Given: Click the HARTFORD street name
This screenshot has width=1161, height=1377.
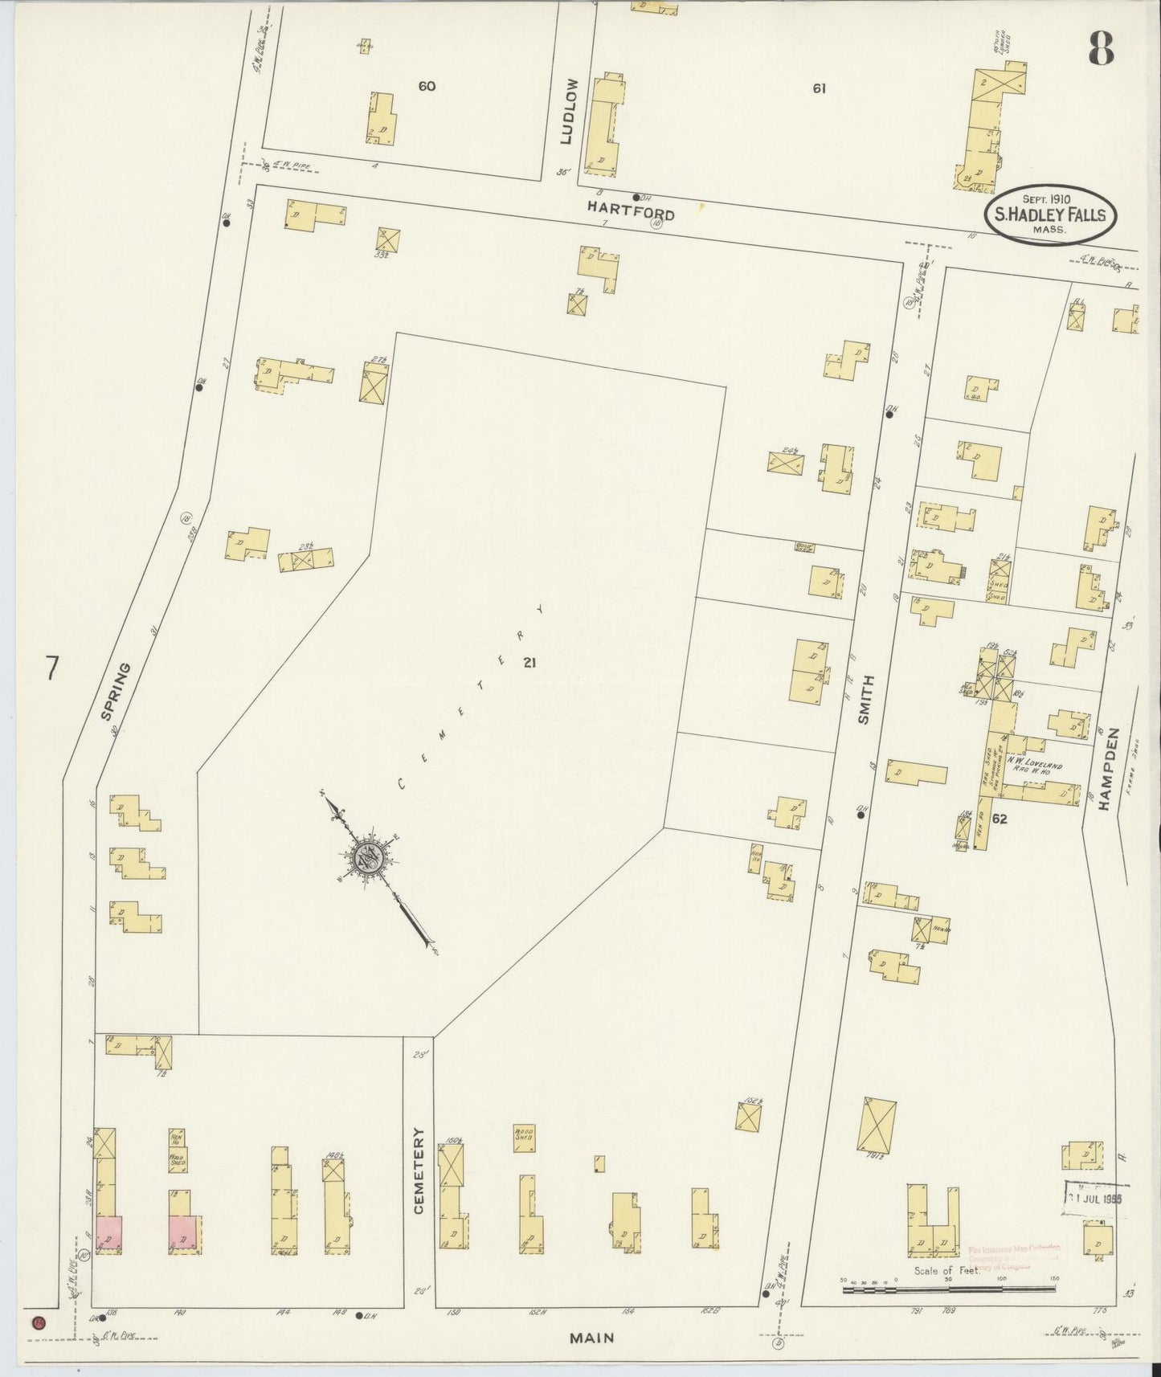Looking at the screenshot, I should (630, 211).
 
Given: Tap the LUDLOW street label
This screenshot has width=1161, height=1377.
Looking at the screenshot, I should (570, 122).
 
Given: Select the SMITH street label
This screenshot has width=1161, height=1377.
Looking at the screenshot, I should (865, 699).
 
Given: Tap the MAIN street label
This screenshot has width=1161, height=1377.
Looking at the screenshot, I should (592, 1338).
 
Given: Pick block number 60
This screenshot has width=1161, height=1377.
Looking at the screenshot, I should (427, 86).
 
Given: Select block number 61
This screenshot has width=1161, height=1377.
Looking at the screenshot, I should (819, 89).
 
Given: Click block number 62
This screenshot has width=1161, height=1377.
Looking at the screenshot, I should (1000, 819).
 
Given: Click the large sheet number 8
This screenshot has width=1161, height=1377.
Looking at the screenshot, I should (1101, 50).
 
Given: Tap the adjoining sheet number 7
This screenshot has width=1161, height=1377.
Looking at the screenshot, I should (53, 668).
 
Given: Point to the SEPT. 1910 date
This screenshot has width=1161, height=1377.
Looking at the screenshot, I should (1052, 198).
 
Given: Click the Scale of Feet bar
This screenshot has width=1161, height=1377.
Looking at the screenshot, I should (949, 1289).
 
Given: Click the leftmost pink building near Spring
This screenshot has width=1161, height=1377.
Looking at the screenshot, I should (108, 1232).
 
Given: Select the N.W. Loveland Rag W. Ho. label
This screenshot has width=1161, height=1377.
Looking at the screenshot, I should (1036, 767).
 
